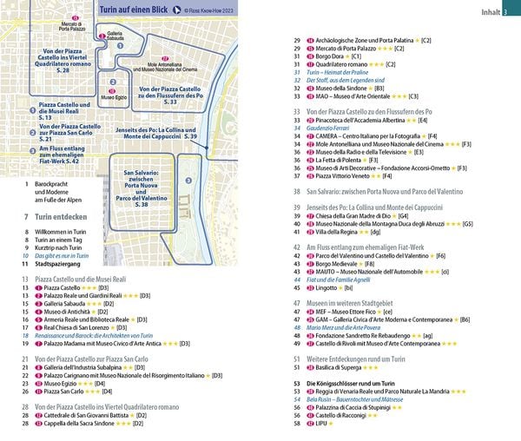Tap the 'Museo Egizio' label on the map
(x=114, y=97)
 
